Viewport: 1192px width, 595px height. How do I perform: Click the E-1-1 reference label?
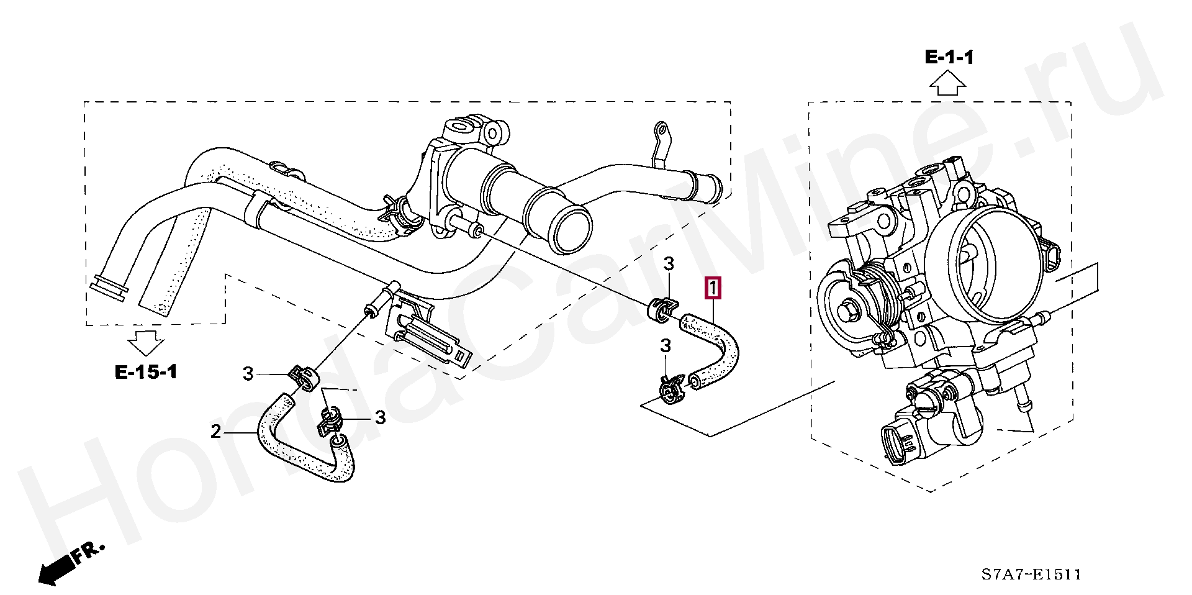(x=949, y=58)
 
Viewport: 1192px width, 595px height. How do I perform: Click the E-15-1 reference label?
(x=147, y=372)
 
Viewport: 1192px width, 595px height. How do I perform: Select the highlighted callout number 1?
(x=713, y=289)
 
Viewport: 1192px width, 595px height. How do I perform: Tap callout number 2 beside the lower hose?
(x=215, y=431)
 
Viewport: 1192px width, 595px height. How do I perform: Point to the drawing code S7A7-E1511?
(x=1031, y=575)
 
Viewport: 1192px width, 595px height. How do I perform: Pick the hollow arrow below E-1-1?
(x=948, y=83)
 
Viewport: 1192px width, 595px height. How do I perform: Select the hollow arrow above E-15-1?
(x=147, y=343)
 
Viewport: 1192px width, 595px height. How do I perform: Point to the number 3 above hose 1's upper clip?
(x=668, y=264)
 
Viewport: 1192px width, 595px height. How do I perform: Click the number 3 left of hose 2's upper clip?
(x=248, y=374)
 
